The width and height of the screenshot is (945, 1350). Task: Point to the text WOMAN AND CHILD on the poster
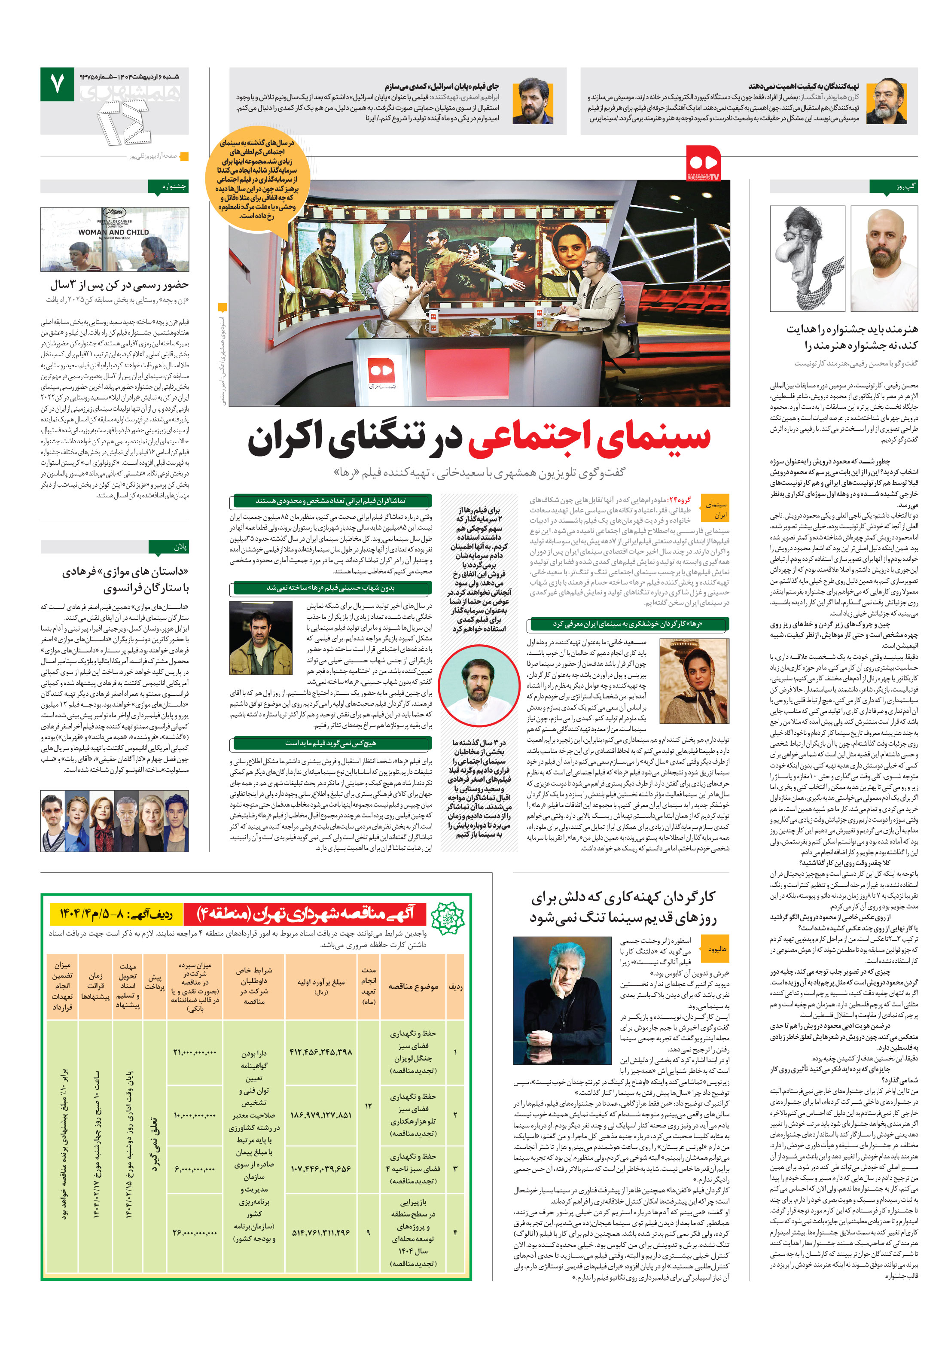point(113,232)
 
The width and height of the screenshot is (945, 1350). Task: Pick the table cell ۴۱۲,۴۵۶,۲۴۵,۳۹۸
point(320,1052)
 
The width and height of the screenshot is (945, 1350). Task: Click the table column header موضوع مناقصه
point(413,986)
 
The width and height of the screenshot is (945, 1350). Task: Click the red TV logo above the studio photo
point(703,163)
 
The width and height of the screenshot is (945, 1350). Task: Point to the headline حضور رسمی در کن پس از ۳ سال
point(119,285)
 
